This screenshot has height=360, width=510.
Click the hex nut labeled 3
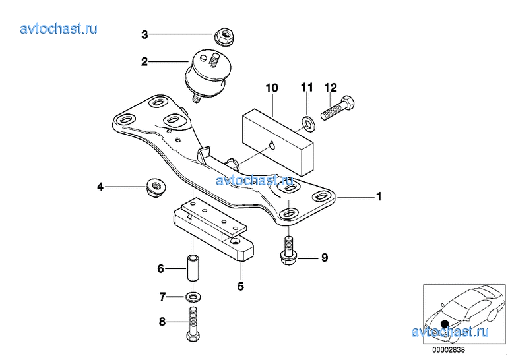[x=224, y=36]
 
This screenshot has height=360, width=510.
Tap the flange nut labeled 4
[x=155, y=187]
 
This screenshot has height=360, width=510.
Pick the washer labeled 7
[x=193, y=296]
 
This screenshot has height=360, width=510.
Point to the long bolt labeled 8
[x=193, y=324]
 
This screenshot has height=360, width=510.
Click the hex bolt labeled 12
[x=337, y=107]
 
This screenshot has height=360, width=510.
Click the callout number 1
[x=379, y=196]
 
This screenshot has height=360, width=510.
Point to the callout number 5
[x=240, y=286]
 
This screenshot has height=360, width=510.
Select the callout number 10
[x=272, y=88]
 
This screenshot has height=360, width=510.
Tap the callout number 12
[x=331, y=88]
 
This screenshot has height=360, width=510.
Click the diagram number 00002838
[x=449, y=350]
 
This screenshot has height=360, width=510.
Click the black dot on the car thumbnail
[x=445, y=324]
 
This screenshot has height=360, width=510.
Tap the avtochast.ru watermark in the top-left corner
[x=59, y=28]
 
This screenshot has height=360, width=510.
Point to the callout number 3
[x=144, y=34]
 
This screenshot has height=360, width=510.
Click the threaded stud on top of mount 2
[x=214, y=61]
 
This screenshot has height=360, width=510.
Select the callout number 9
[x=325, y=258]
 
